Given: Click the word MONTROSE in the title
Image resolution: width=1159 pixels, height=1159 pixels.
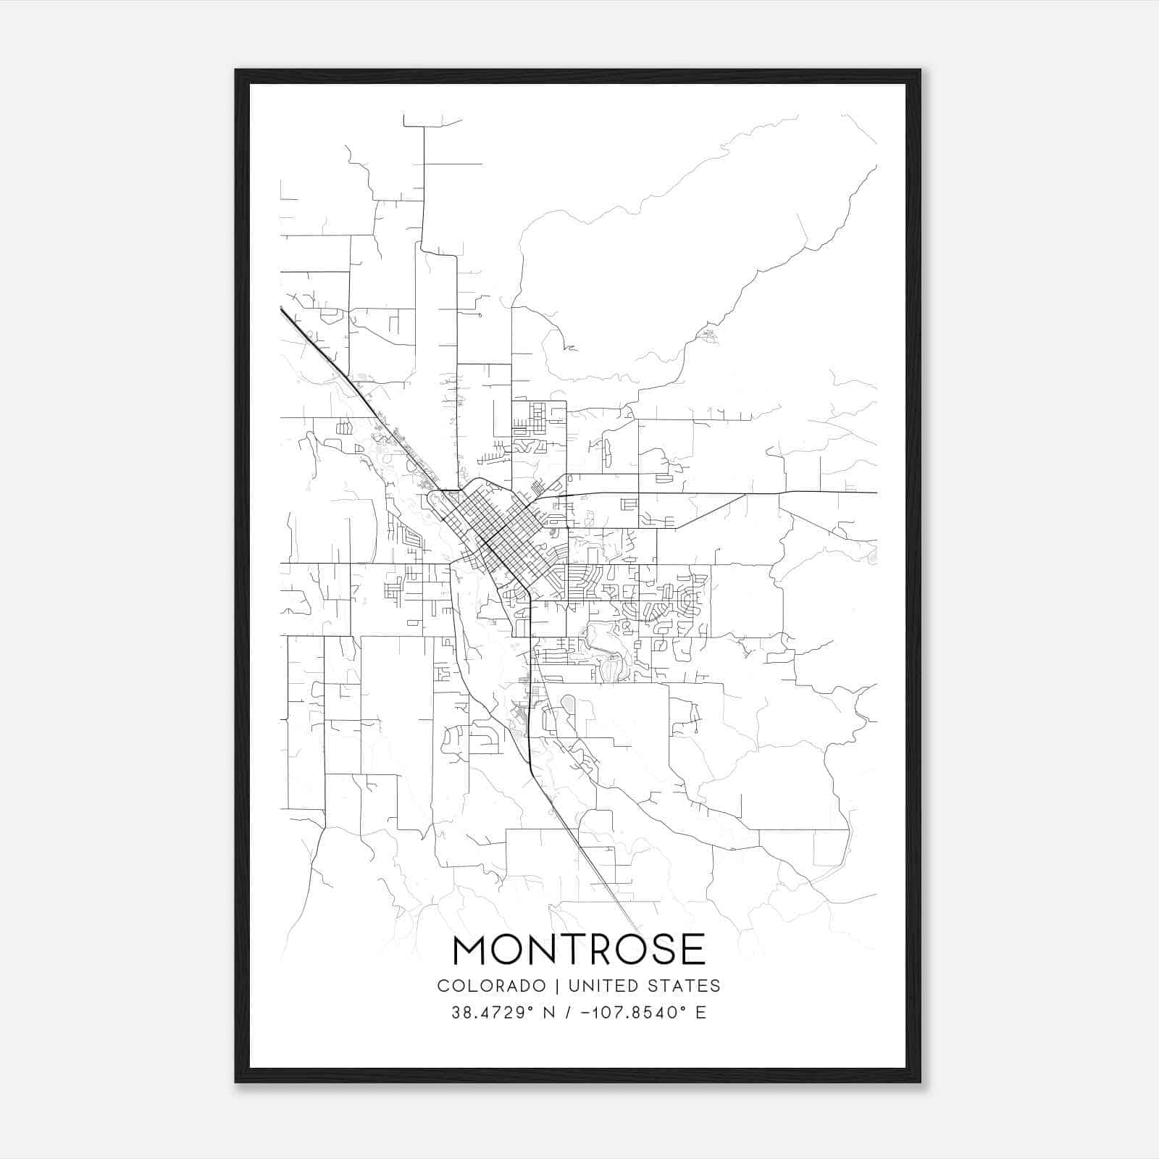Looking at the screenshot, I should click(x=579, y=950).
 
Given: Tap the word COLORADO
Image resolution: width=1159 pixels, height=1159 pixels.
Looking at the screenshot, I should click(x=491, y=986).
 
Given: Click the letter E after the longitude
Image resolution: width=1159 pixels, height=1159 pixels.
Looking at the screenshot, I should click(x=701, y=1013).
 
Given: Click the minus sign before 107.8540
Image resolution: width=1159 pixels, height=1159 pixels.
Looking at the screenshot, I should click(x=584, y=1013).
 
